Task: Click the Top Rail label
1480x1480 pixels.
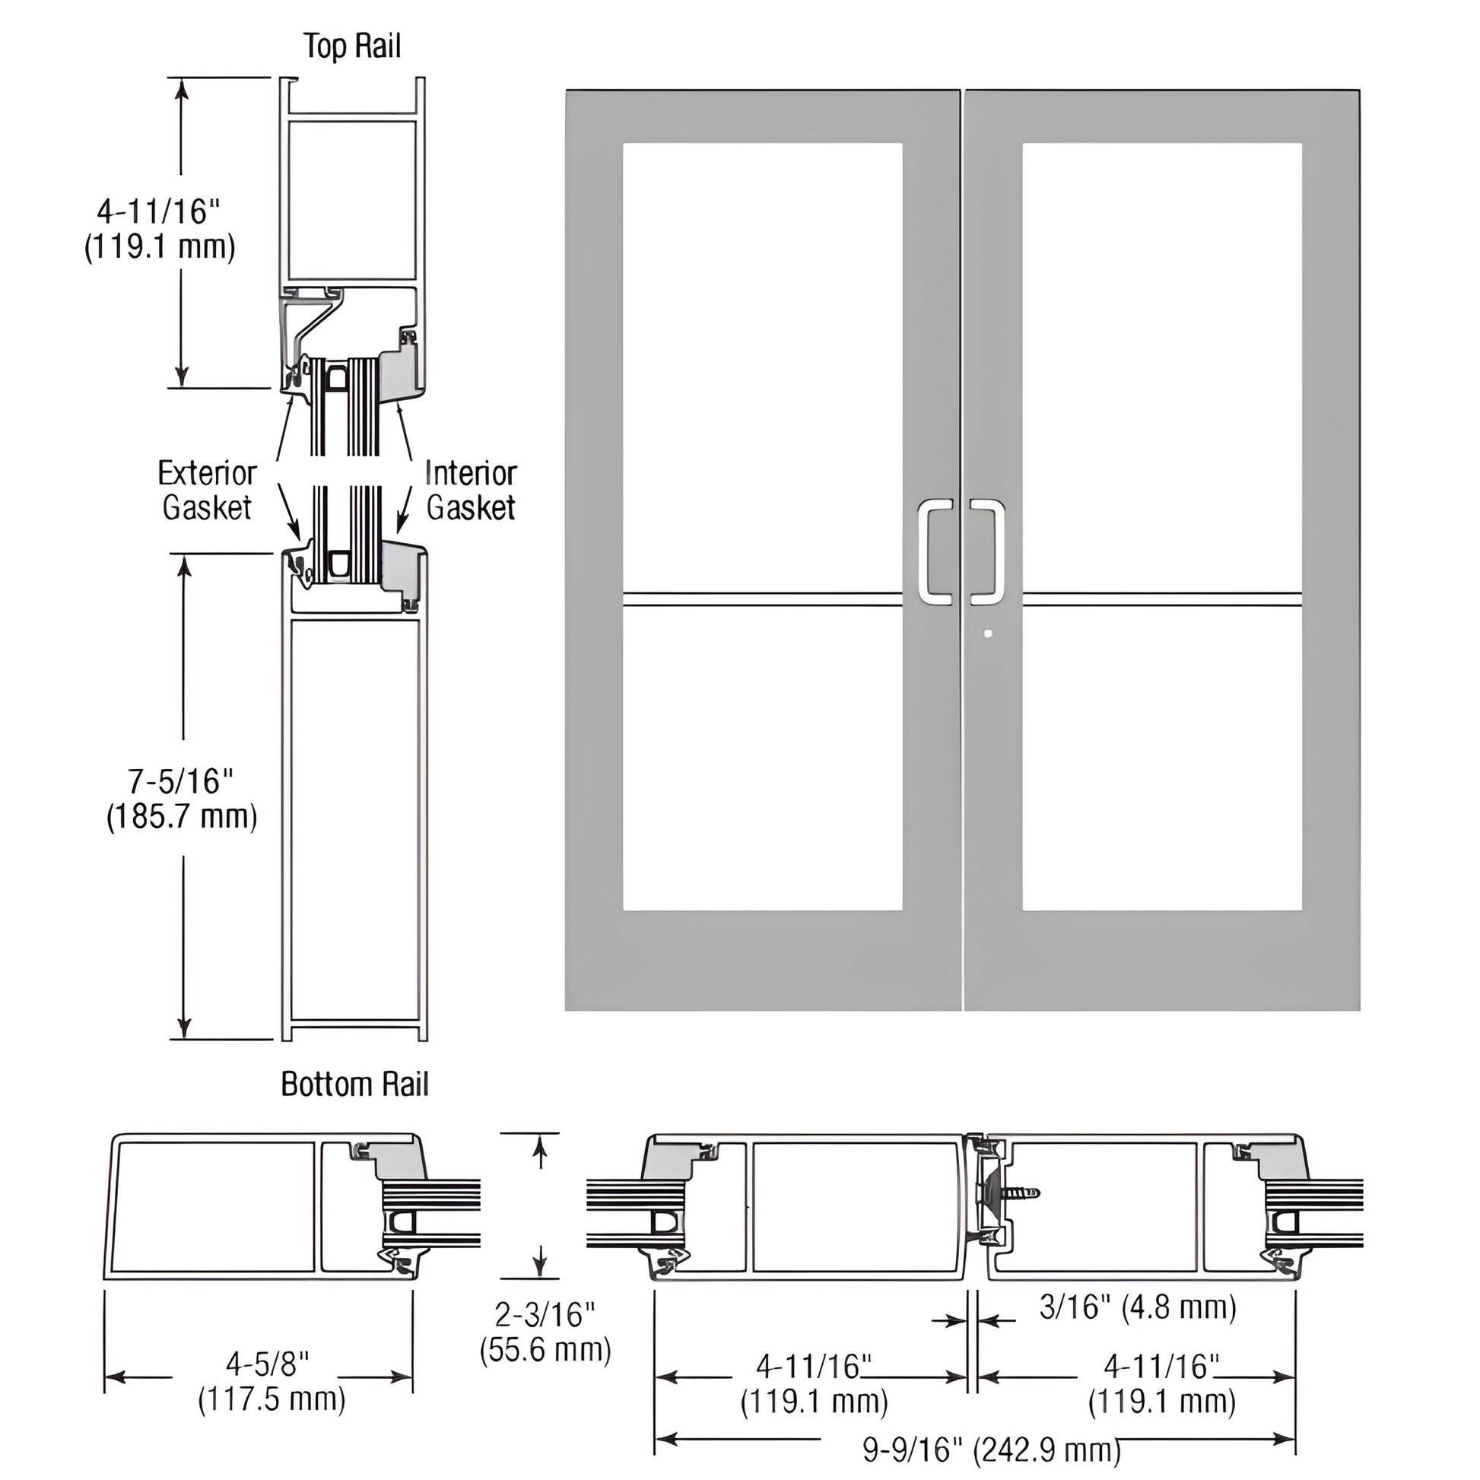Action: coord(351,46)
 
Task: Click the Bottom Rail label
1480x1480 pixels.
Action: coord(354,1084)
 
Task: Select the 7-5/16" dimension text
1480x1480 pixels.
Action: coord(181,781)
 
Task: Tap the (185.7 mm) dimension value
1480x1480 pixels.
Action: coord(182,817)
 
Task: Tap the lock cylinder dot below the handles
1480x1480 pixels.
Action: coord(988,634)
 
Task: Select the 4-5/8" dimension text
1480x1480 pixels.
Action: coord(268,1364)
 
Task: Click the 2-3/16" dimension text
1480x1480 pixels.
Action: coord(545,1314)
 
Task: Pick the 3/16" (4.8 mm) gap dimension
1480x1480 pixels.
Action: coord(1138,1307)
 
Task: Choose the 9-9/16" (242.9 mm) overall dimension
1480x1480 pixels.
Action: coord(992,1450)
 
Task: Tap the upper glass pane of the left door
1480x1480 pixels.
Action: coord(762,367)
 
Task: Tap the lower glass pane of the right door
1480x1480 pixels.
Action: coord(1162,758)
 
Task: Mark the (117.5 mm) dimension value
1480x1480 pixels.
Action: coord(272,1399)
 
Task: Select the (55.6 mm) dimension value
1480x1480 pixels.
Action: coord(545,1350)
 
